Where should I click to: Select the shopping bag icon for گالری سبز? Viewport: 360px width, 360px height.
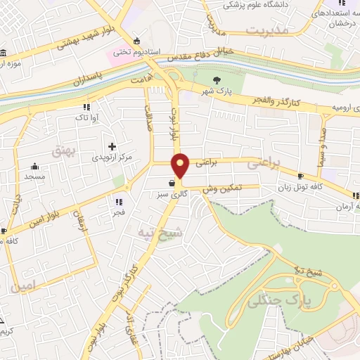click(x=172, y=188)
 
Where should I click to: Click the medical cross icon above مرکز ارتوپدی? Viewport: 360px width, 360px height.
click(x=112, y=146)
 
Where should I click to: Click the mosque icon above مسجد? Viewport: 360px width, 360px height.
click(x=34, y=167)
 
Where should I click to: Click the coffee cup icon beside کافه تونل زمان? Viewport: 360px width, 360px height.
click(x=301, y=176)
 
